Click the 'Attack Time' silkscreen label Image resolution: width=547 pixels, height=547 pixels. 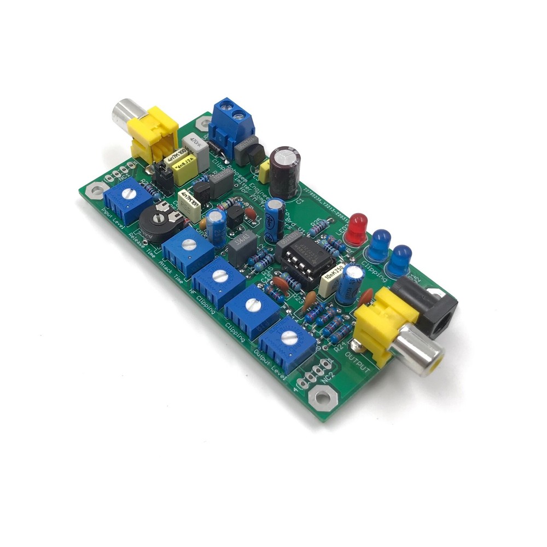pos(171,272)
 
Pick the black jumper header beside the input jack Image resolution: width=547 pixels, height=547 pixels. pos(162,175)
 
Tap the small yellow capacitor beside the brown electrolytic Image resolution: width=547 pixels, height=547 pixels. pos(265,171)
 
